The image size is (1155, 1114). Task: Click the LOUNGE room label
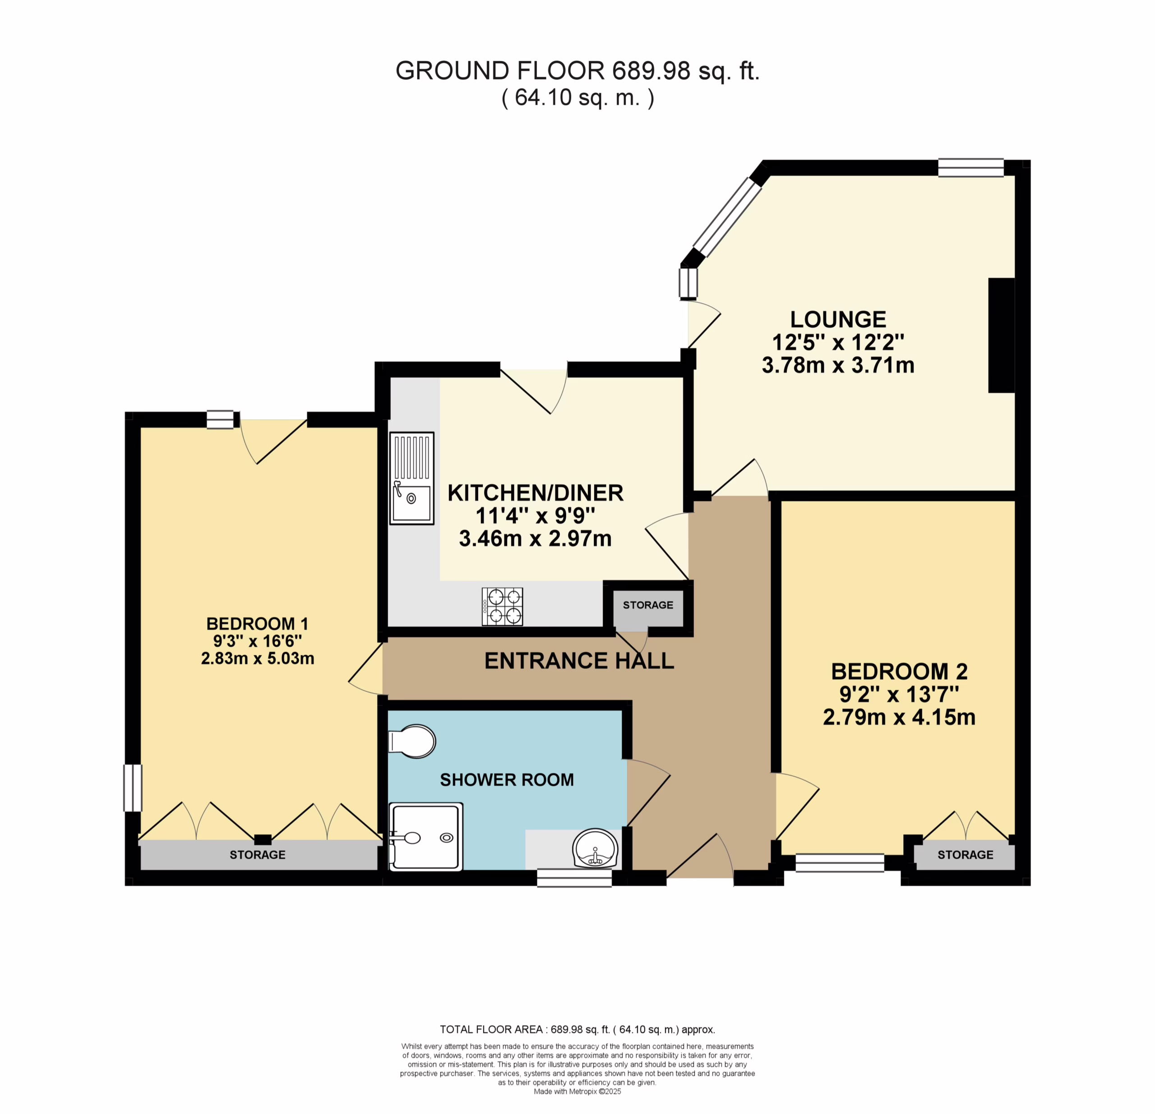pyautogui.click(x=837, y=320)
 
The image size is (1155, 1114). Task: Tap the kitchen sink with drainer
pyautogui.click(x=411, y=478)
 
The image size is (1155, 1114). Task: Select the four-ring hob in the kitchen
pyautogui.click(x=502, y=607)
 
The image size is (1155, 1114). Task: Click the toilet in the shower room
pyautogui.click(x=412, y=741)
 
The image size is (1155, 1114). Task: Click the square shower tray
pyautogui.click(x=426, y=836)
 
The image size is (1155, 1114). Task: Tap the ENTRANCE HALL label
pyautogui.click(x=579, y=661)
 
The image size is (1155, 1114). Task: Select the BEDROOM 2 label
pyautogui.click(x=899, y=671)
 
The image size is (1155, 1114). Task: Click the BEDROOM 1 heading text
pyautogui.click(x=258, y=624)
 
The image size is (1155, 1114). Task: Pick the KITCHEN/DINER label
pyautogui.click(x=536, y=493)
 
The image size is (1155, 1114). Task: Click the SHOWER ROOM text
pyautogui.click(x=507, y=780)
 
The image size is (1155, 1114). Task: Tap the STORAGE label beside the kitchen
pyautogui.click(x=648, y=605)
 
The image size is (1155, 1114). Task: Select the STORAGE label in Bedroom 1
pyautogui.click(x=258, y=854)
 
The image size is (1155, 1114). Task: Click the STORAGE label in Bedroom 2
pyautogui.click(x=965, y=854)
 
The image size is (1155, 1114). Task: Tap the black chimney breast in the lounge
pyautogui.click(x=1001, y=335)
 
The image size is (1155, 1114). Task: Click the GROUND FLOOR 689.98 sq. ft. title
pyautogui.click(x=577, y=71)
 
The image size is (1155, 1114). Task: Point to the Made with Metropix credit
pyautogui.click(x=577, y=1091)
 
